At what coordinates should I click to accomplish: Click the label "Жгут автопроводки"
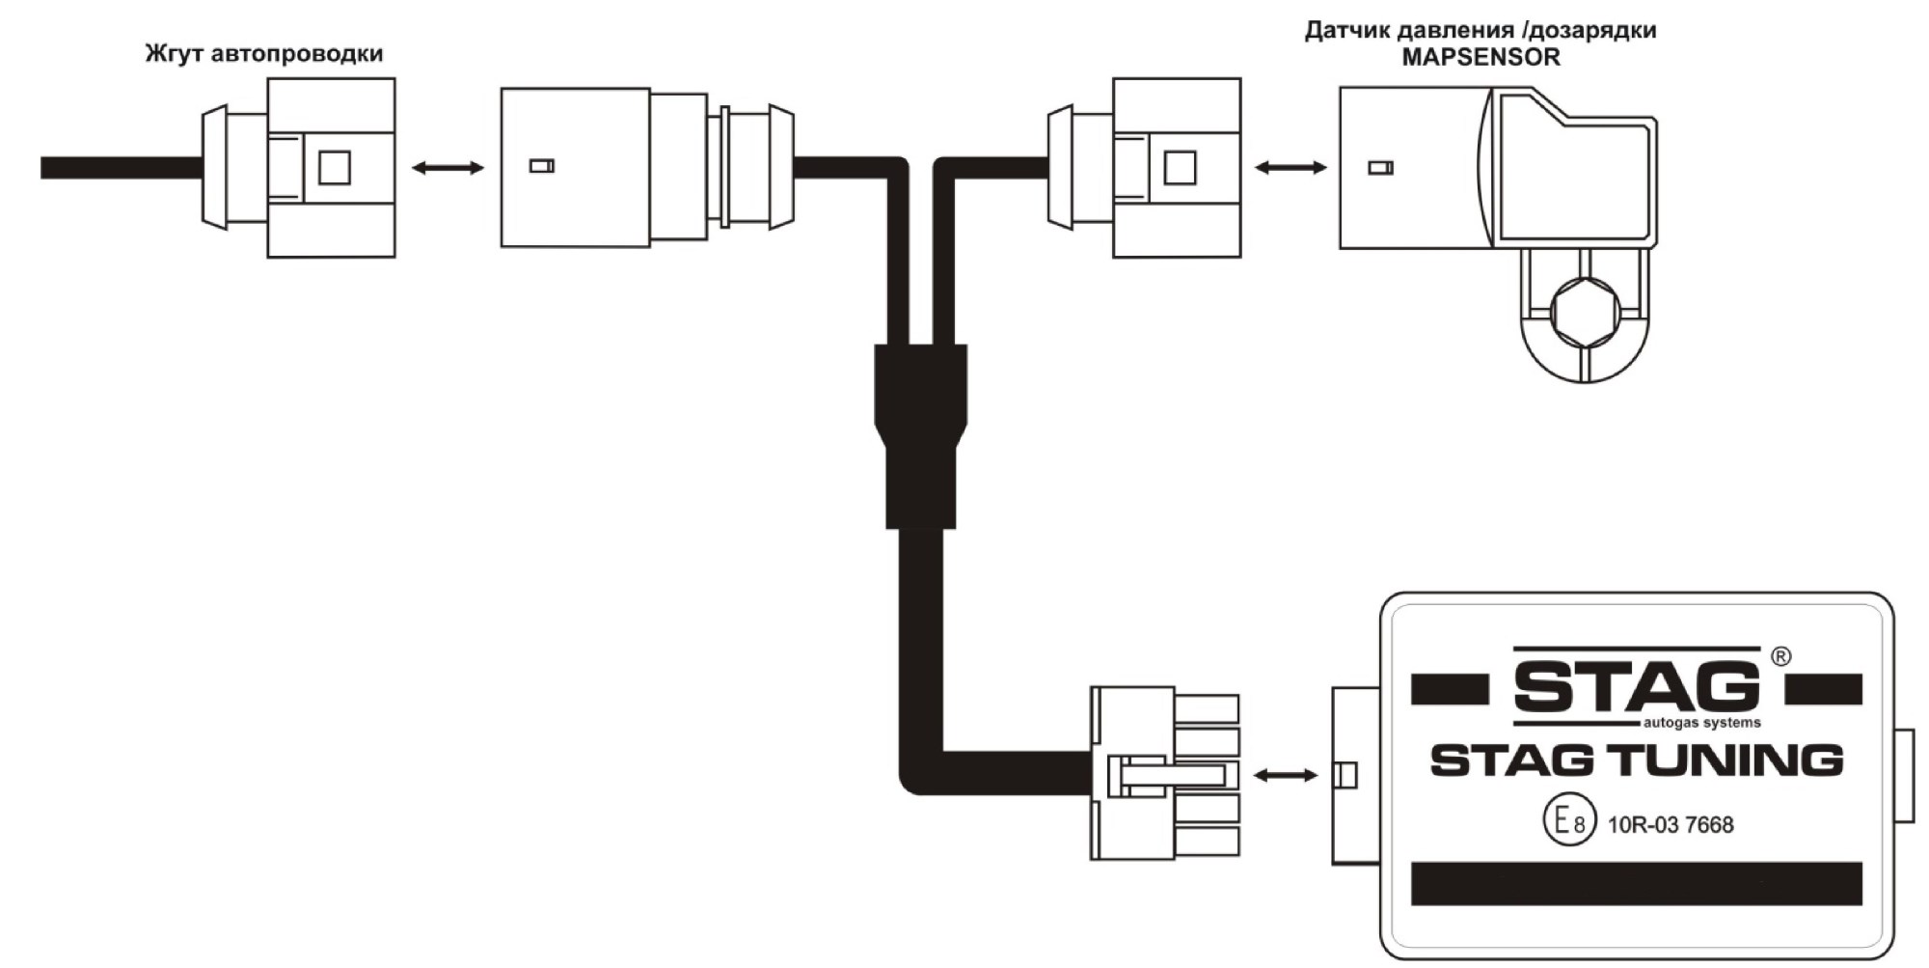click(264, 53)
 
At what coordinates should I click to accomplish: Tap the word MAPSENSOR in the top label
click(1481, 57)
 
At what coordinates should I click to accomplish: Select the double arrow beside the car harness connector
click(448, 168)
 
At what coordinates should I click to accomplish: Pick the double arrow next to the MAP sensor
click(1291, 168)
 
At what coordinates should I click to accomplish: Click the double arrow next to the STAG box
click(1286, 775)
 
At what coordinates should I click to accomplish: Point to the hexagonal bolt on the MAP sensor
click(1586, 312)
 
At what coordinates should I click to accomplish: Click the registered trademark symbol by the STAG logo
click(1781, 656)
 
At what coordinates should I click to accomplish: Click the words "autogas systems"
click(1702, 723)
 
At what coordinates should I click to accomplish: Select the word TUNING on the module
click(1725, 761)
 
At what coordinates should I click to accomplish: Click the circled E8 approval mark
click(1569, 821)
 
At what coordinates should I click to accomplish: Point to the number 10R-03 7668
click(1671, 825)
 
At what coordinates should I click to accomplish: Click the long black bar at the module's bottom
click(1637, 884)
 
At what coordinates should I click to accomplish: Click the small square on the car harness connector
click(335, 168)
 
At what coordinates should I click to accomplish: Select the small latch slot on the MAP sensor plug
click(1380, 168)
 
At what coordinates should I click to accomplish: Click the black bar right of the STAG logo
click(1823, 689)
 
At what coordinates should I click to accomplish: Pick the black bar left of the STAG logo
click(1450, 689)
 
